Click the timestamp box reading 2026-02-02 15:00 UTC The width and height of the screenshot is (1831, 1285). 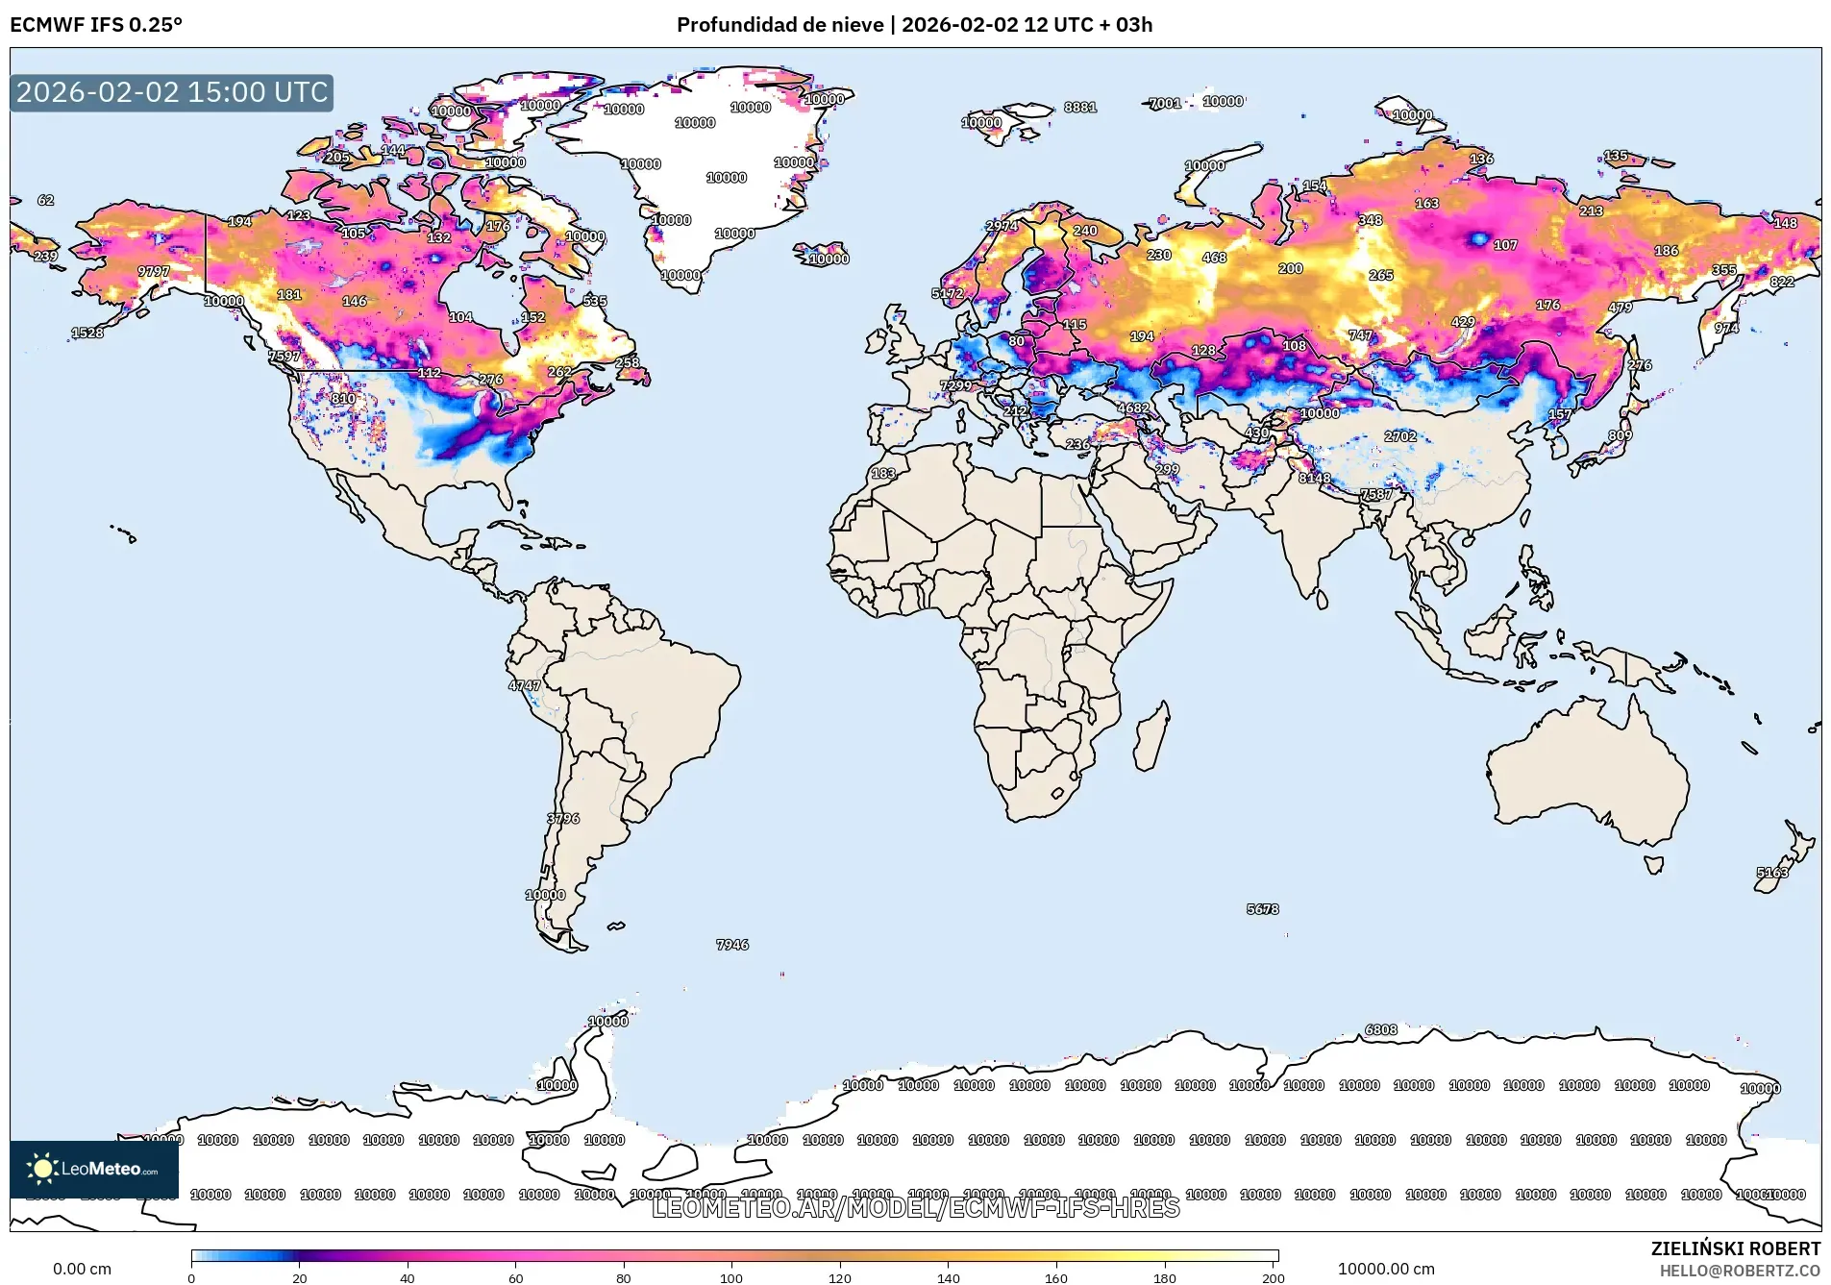pos(172,92)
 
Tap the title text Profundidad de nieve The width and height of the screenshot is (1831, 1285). pos(779,25)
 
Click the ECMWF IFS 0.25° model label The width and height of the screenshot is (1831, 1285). pos(96,25)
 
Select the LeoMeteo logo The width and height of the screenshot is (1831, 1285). pos(94,1169)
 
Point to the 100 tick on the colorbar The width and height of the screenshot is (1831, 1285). pos(731,1277)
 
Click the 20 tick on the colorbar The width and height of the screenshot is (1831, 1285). pos(300,1277)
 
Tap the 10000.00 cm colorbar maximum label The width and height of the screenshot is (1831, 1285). pos(1385,1269)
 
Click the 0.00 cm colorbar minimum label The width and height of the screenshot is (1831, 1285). pos(82,1269)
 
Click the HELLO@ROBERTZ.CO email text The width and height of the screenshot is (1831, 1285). pos(1740,1271)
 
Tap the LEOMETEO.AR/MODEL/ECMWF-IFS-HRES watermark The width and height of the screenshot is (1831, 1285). pos(915,1208)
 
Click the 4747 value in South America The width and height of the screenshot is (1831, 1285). pos(525,685)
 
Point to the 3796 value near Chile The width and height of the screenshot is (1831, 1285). pos(563,819)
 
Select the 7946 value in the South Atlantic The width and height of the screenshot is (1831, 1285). pos(732,945)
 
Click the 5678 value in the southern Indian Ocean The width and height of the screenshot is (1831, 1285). pos(1262,908)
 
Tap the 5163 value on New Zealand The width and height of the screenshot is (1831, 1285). pos(1772,873)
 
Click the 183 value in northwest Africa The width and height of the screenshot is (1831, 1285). pos(883,473)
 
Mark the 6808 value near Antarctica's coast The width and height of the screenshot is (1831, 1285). pos(1381,1029)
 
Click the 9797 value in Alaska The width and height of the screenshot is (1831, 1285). pos(154,272)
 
